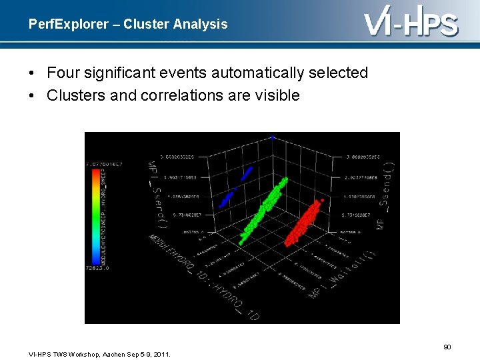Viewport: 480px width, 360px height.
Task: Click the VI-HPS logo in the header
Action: click(411, 23)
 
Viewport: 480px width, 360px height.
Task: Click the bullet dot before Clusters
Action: click(33, 95)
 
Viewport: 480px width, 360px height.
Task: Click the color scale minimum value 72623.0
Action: click(97, 267)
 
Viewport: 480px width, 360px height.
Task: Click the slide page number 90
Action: click(447, 347)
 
